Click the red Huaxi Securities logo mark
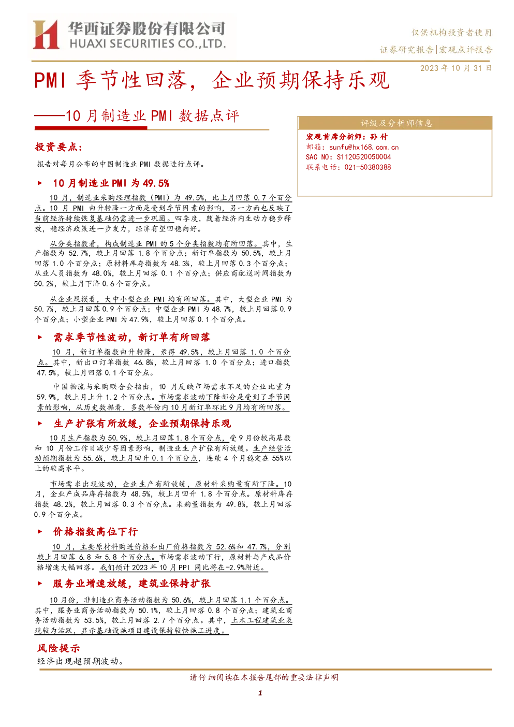point(46,35)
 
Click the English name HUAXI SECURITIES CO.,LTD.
point(148,44)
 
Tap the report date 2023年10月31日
point(456,68)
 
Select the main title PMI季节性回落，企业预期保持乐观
point(212,80)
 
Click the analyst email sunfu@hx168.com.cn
point(364,147)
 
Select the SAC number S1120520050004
point(364,157)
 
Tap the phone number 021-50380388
point(368,167)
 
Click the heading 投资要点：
point(58,147)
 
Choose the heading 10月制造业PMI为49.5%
point(111,183)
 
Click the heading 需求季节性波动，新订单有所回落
point(132,338)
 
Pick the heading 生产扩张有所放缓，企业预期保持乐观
point(142,424)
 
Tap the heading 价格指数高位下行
point(95,531)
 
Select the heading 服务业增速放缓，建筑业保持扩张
point(132,583)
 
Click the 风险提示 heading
point(58,648)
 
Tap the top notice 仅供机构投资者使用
point(452,33)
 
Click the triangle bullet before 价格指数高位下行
point(40,532)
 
